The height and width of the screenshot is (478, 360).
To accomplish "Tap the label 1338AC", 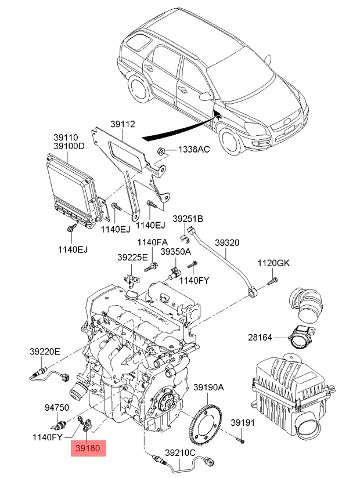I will click(193, 150).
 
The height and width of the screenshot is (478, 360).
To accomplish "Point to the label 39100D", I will click(69, 146).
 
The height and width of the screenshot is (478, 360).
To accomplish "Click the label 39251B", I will click(188, 219).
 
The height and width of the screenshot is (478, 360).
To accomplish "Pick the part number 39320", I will click(227, 242).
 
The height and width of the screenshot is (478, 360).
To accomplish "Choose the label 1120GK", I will click(273, 263).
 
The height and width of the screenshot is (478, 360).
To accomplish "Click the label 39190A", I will click(208, 387).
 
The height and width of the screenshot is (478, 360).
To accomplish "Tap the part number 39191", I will click(243, 422).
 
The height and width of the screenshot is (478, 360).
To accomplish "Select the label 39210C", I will click(181, 452).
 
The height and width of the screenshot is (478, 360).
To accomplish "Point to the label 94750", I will click(57, 408).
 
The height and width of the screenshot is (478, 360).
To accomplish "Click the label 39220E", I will click(45, 350).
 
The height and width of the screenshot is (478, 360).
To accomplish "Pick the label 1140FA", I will click(152, 242).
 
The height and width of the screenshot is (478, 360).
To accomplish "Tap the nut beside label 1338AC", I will click(164, 151).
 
